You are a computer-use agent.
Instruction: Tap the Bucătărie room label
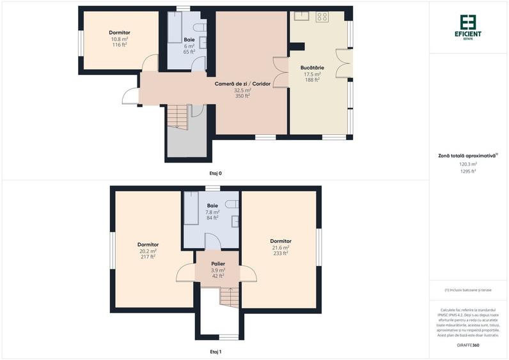pyautogui.click(x=313, y=68)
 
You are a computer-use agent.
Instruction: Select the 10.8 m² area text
pyautogui.click(x=120, y=39)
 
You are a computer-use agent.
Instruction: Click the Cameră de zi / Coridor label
pyautogui.click(x=242, y=84)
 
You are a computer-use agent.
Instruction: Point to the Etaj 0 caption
pyautogui.click(x=215, y=173)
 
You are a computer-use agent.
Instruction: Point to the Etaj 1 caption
pyautogui.click(x=215, y=352)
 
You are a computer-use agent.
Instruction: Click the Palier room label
pyautogui.click(x=218, y=263)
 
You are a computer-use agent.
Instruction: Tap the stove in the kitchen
pyautogui.click(x=321, y=17)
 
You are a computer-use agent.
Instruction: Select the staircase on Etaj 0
pyautogui.click(x=177, y=118)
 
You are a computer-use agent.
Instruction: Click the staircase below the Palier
pyautogui.click(x=228, y=296)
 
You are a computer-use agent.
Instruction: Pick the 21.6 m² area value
pyautogui.click(x=281, y=247)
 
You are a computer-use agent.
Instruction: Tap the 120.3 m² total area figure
pyautogui.click(x=469, y=164)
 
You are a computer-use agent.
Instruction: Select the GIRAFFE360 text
pyautogui.click(x=468, y=345)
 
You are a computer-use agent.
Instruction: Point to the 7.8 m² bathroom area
pyautogui.click(x=213, y=212)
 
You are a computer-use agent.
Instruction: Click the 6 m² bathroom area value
pyautogui.click(x=189, y=46)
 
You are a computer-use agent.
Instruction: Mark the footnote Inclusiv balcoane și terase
pyautogui.click(x=469, y=290)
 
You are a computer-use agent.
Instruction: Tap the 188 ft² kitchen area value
pyautogui.click(x=313, y=80)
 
